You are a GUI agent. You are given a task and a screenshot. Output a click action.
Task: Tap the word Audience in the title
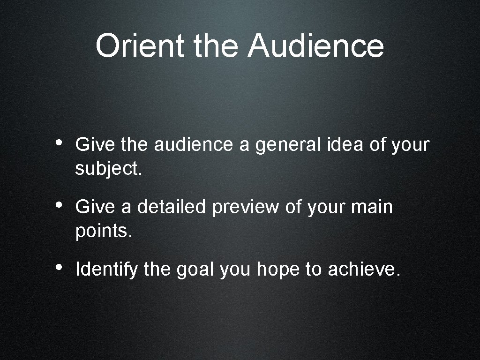point(316,46)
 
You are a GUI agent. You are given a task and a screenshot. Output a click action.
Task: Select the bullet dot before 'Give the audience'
point(59,142)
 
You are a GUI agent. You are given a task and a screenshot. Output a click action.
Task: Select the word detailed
point(171,207)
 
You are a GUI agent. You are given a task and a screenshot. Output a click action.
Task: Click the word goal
point(195,270)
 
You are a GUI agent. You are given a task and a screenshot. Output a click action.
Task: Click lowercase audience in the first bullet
point(193,145)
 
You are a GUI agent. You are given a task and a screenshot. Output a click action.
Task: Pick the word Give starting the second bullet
point(95,207)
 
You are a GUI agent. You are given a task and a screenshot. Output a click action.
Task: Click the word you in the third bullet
point(236,270)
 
